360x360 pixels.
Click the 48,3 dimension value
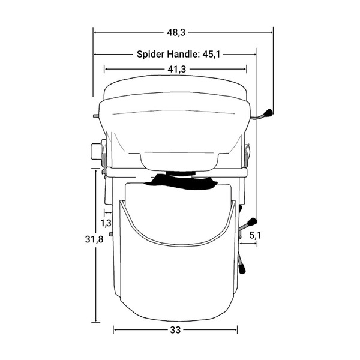tap(176, 33)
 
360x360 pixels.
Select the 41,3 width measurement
tap(176, 69)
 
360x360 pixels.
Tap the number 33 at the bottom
tap(175, 330)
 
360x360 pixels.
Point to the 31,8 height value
tap(94, 239)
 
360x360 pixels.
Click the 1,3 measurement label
tap(106, 223)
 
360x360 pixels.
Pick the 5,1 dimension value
tap(256, 235)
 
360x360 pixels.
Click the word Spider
tap(151, 55)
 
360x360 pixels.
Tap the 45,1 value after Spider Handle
tap(211, 55)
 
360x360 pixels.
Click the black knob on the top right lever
tap(268, 113)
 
